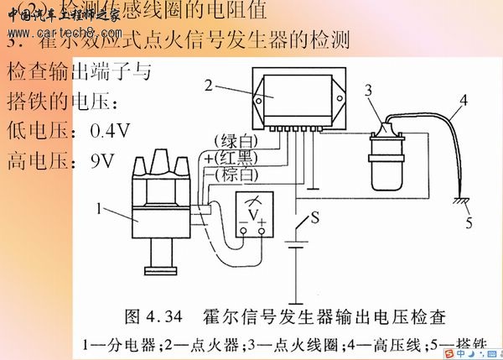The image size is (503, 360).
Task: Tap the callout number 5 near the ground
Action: pos(469,224)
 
